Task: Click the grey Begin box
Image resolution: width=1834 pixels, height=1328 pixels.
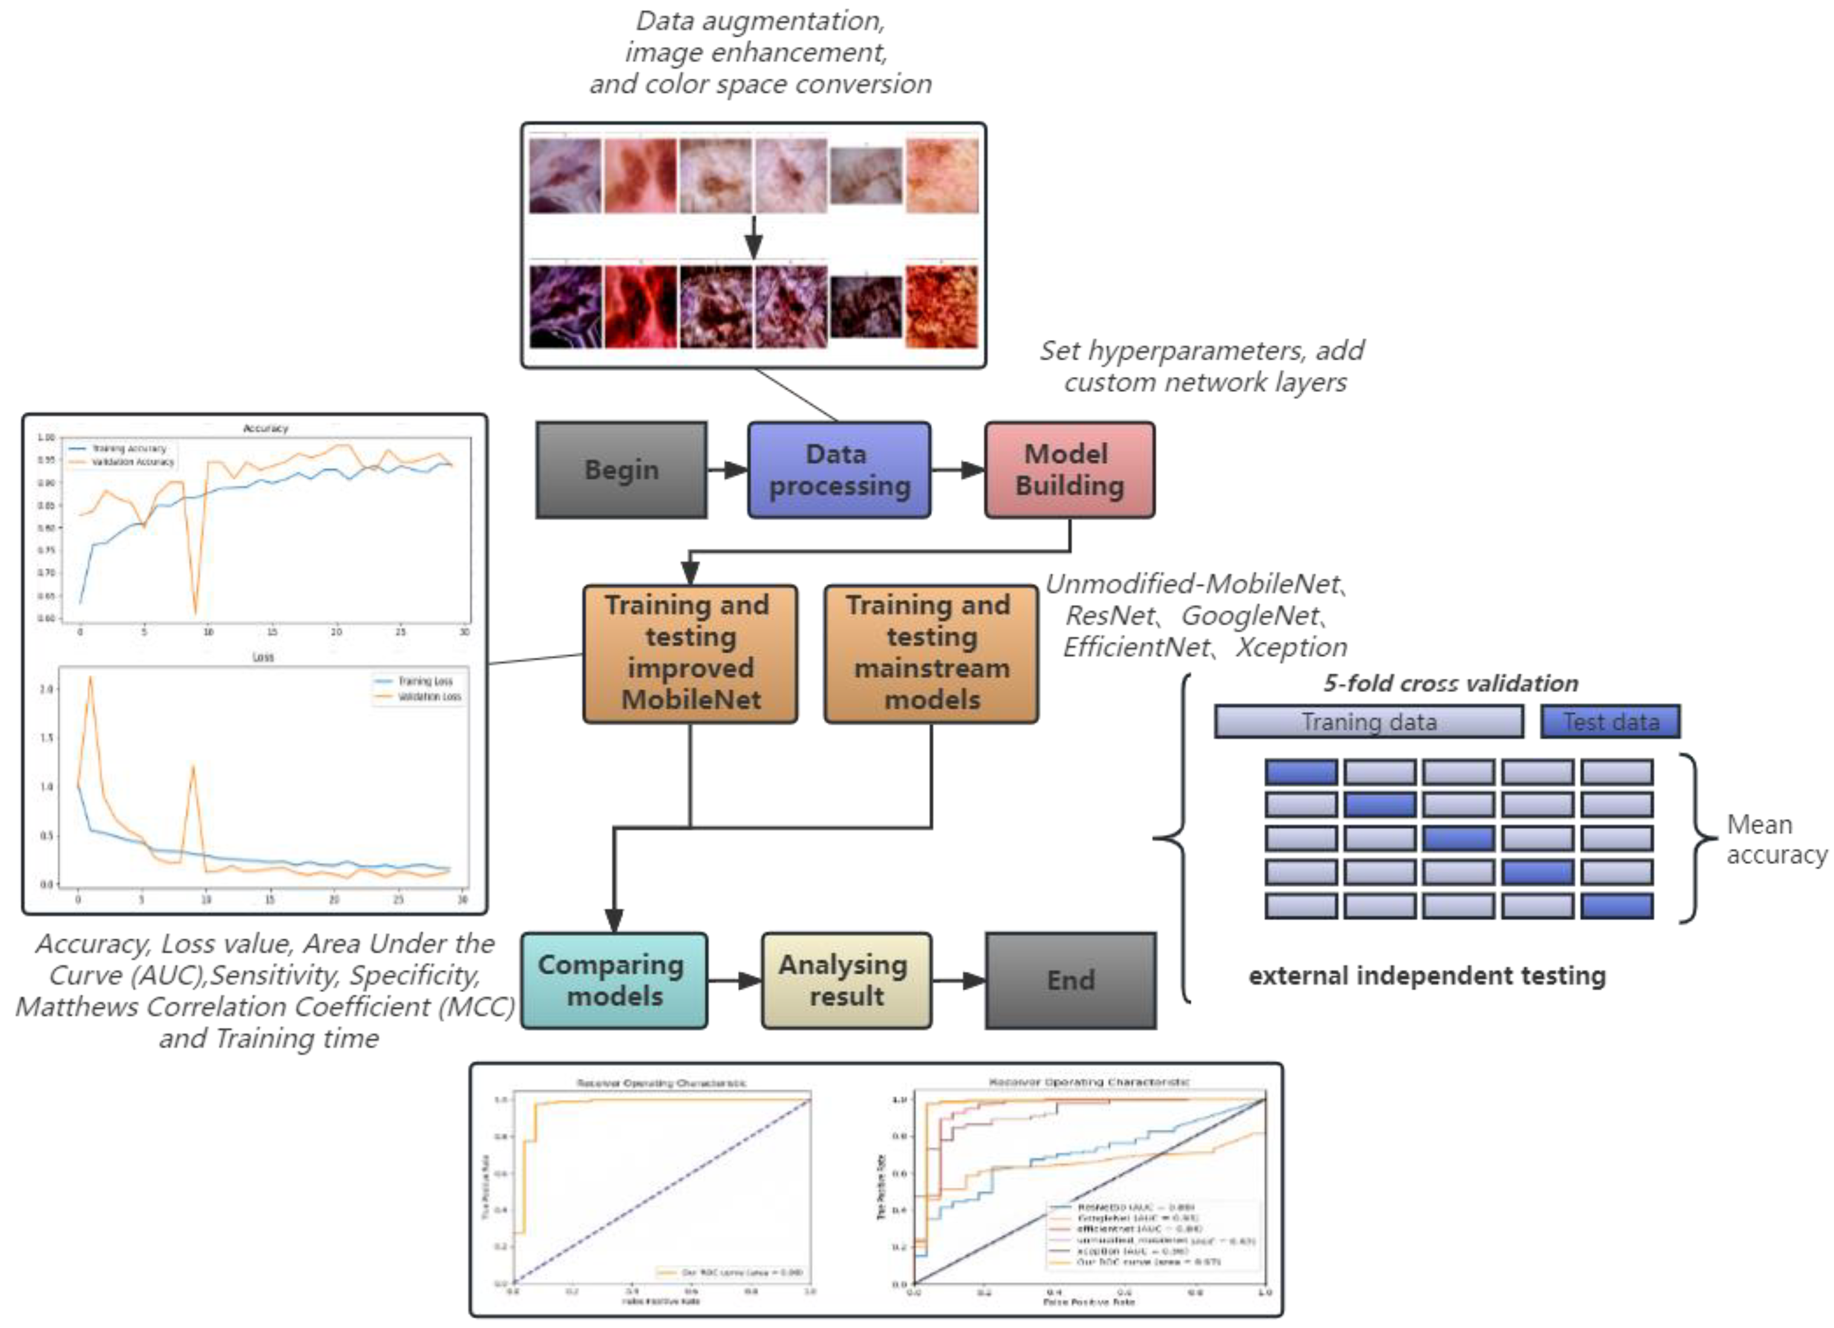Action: (x=621, y=470)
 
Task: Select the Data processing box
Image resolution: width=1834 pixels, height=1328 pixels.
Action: (x=838, y=470)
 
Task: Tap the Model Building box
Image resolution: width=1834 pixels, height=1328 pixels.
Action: (x=1069, y=470)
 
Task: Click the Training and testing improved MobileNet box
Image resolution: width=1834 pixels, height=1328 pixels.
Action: (x=690, y=653)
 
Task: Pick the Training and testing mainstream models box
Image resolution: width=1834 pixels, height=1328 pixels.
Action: (x=931, y=653)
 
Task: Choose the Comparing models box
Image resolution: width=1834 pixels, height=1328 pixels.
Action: (x=614, y=980)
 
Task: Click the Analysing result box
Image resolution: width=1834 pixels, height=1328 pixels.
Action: (x=846, y=980)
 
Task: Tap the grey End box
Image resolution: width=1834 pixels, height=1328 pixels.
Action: (x=1071, y=980)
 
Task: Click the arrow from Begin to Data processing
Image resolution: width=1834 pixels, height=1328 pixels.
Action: (x=727, y=470)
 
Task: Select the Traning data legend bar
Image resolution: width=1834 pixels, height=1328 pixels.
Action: (x=1368, y=721)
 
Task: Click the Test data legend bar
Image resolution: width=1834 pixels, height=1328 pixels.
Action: (x=1610, y=721)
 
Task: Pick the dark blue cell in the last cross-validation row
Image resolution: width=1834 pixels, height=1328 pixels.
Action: (x=1616, y=906)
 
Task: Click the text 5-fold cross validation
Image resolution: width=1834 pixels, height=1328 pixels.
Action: (x=1450, y=684)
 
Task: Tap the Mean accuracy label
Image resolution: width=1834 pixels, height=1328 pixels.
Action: (x=1775, y=840)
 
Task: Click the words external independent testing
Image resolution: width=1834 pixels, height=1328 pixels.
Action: (x=1426, y=975)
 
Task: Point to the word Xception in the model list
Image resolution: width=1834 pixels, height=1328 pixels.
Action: (x=1291, y=647)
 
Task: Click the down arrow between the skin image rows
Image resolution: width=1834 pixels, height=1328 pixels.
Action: (x=754, y=237)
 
